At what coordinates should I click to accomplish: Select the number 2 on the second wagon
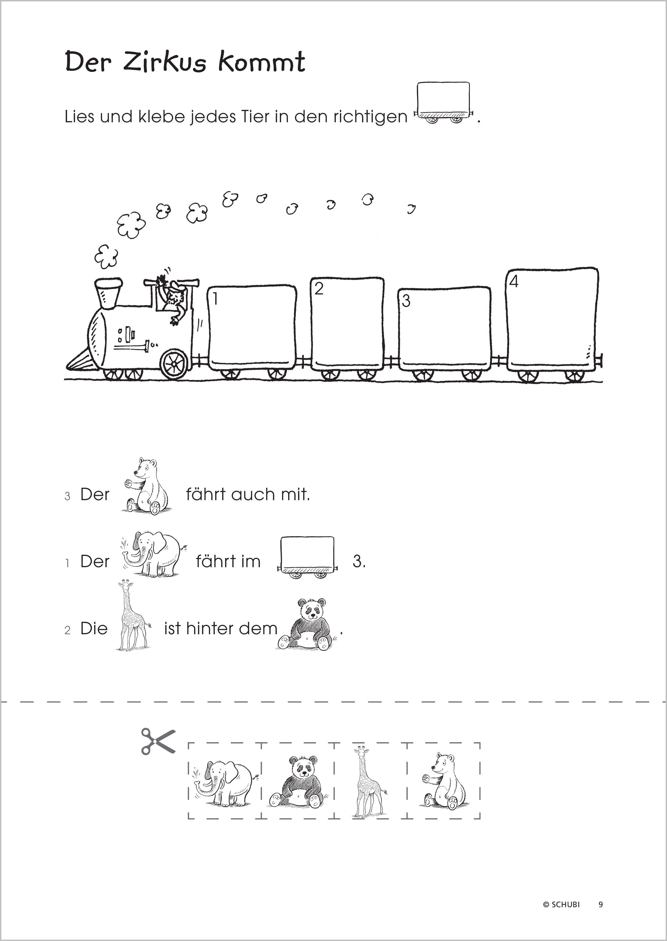[319, 289]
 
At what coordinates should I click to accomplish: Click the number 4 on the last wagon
[513, 281]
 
